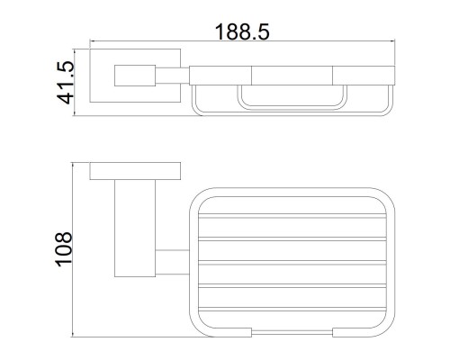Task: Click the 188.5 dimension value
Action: pos(242,31)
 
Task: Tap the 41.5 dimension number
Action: pos(65,83)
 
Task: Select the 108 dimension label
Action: pos(63,249)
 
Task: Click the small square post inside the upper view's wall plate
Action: pos(135,76)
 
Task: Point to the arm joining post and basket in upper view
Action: pos(172,76)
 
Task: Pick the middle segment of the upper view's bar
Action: pos(292,76)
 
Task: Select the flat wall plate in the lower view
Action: pos(135,171)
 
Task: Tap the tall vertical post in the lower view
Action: pos(135,229)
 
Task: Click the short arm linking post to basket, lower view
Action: pos(172,262)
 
